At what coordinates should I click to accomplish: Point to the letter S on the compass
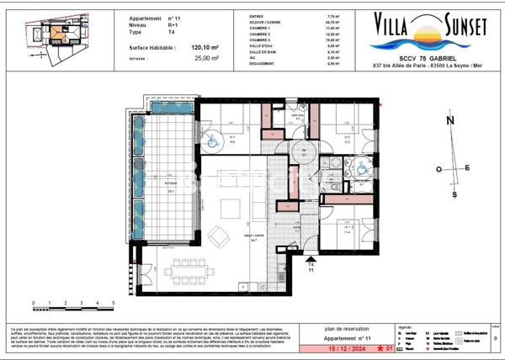click(454, 194)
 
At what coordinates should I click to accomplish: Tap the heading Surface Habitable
click(152, 49)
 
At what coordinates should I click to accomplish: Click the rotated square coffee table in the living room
click(217, 233)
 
